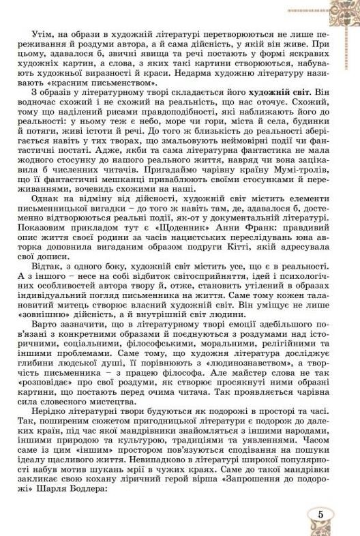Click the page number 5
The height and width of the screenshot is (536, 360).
pos(319,513)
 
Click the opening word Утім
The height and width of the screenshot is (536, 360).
pos(42,33)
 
